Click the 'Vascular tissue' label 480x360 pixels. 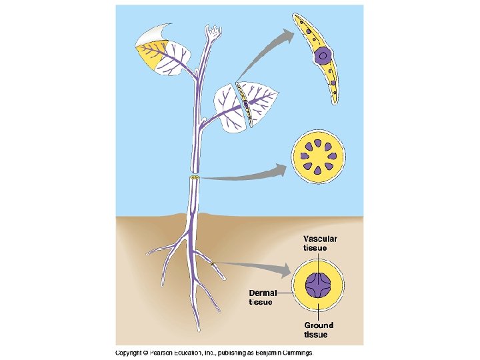320,243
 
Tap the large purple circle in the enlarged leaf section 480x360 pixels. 323,56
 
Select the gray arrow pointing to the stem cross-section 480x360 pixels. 247,175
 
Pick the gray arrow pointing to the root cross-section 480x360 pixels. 257,269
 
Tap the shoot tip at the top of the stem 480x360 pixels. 213,33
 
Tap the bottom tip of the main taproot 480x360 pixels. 199,328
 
